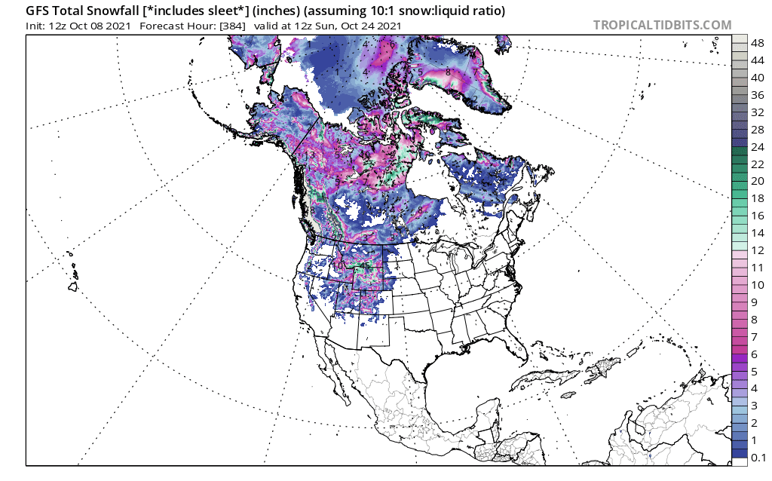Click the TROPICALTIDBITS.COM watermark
pos(662,25)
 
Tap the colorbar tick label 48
pos(757,43)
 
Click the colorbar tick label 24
pos(757,147)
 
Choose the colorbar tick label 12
pos(757,250)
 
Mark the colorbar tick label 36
pos(757,95)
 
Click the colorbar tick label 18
pos(757,198)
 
